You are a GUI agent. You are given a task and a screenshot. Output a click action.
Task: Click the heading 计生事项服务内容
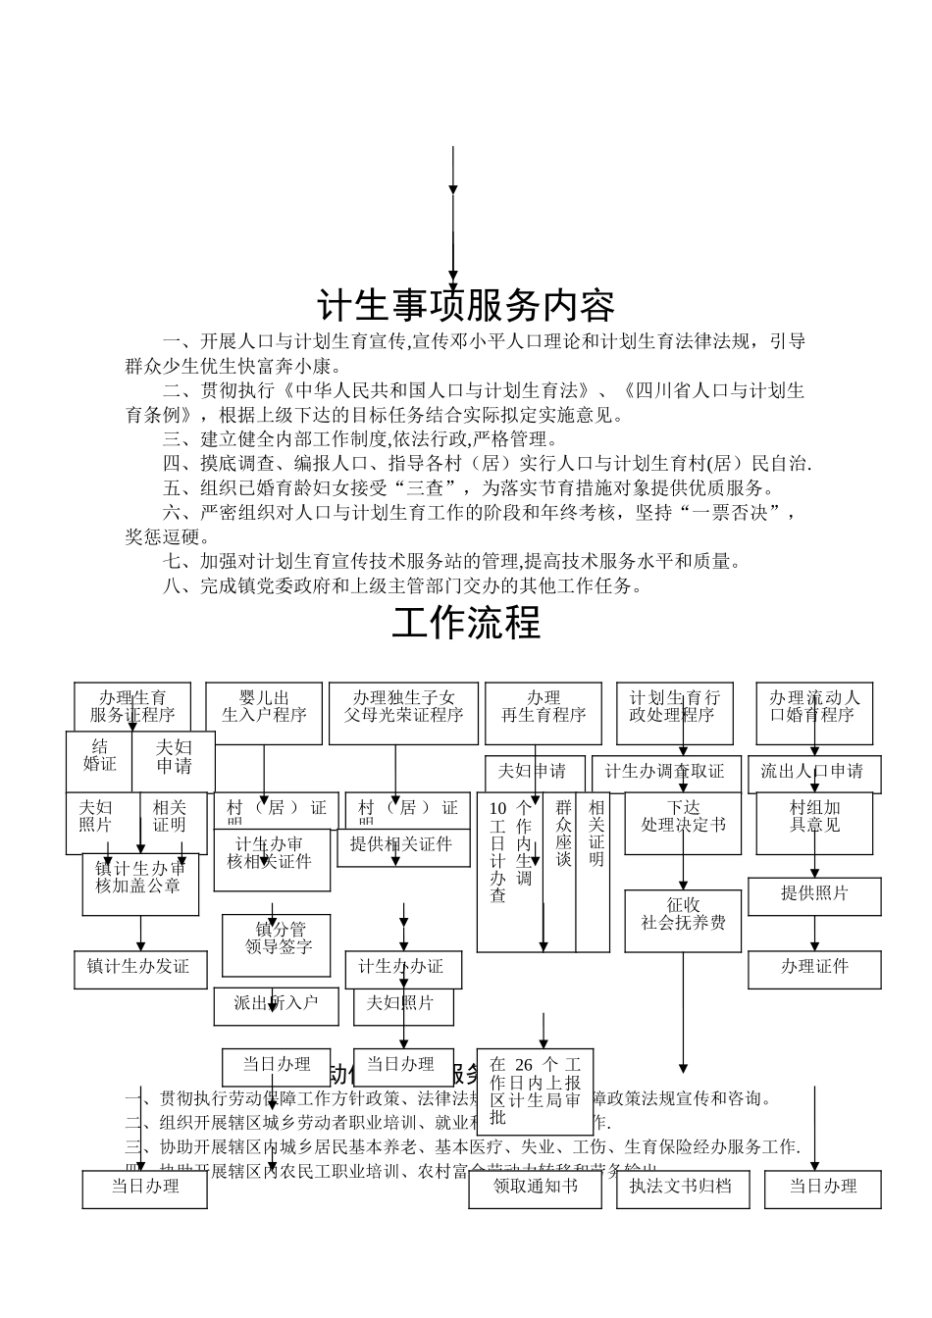(x=466, y=306)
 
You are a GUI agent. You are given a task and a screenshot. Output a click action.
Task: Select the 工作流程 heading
(x=466, y=622)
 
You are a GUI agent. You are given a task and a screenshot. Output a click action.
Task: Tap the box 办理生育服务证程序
(x=132, y=706)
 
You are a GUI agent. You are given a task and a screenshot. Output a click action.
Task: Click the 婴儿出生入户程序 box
(x=264, y=706)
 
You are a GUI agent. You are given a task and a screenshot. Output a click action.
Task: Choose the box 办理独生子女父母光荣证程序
(x=403, y=706)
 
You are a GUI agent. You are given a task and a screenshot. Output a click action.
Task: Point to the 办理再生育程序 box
(x=544, y=706)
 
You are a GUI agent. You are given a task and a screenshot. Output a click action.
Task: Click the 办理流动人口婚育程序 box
(x=814, y=706)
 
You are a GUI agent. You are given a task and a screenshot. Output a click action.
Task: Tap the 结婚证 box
(x=99, y=755)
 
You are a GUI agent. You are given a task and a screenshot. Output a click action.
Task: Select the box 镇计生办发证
(x=140, y=968)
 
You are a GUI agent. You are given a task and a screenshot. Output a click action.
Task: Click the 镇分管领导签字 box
(x=277, y=938)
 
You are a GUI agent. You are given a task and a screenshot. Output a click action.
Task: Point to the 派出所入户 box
(x=277, y=1003)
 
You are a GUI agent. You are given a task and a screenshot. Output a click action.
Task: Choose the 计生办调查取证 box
(x=664, y=772)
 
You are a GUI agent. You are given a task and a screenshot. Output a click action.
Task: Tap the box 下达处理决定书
(x=683, y=817)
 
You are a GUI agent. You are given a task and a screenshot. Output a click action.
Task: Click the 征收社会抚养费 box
(x=683, y=913)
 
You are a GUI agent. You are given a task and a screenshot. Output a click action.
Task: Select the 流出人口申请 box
(x=813, y=772)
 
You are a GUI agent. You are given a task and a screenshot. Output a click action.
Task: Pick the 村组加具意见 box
(x=814, y=817)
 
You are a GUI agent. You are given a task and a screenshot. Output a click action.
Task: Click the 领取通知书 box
(x=535, y=1187)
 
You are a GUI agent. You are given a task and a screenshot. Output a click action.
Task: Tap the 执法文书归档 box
(x=682, y=1187)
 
